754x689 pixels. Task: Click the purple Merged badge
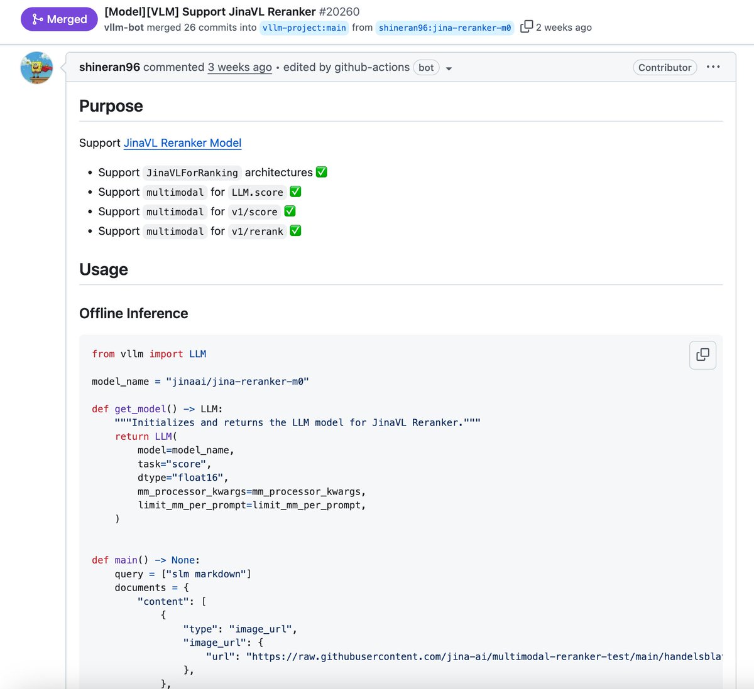(59, 19)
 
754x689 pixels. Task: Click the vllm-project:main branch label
(304, 28)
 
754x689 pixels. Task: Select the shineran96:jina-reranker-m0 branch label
(445, 28)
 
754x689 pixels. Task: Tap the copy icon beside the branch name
(527, 26)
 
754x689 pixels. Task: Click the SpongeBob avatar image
(36, 68)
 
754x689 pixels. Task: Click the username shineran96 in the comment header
(109, 67)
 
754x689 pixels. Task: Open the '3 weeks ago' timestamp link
(240, 67)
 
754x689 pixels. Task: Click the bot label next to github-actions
(426, 68)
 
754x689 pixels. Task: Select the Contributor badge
(664, 68)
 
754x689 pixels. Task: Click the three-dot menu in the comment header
(713, 67)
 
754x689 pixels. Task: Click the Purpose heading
(111, 106)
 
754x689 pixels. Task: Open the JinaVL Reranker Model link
(182, 143)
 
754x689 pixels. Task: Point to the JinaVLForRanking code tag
(192, 173)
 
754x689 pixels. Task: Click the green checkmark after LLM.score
(295, 192)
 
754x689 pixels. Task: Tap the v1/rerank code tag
(257, 232)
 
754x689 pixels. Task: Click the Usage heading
(104, 269)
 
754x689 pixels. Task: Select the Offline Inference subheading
(134, 313)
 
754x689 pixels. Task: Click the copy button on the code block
(702, 355)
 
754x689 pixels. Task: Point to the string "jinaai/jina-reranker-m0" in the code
(238, 382)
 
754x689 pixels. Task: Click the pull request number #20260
(339, 12)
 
